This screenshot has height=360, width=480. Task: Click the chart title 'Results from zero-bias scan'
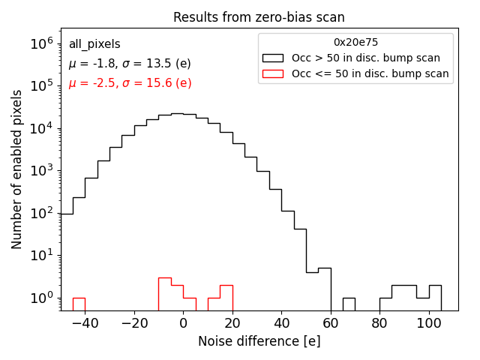pyautogui.click(x=259, y=17)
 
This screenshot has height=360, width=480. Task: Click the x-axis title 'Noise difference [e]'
pyautogui.click(x=259, y=341)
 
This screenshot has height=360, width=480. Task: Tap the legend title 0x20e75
pyautogui.click(x=355, y=43)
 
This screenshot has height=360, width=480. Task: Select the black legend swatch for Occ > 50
pyautogui.click(x=273, y=58)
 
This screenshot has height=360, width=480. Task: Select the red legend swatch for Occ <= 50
pyautogui.click(x=273, y=73)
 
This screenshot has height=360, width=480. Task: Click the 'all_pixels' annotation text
pyautogui.click(x=94, y=44)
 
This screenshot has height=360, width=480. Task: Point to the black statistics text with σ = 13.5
pyautogui.click(x=130, y=64)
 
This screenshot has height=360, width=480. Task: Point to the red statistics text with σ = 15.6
pyautogui.click(x=130, y=83)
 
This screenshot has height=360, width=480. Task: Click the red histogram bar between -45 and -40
pyautogui.click(x=79, y=304)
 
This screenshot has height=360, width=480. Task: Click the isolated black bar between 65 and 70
pyautogui.click(x=349, y=304)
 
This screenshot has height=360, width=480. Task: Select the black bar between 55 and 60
pyautogui.click(x=324, y=289)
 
